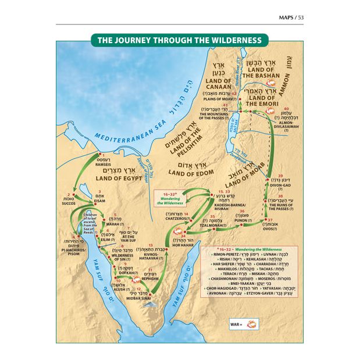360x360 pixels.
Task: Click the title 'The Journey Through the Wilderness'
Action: tap(180, 41)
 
